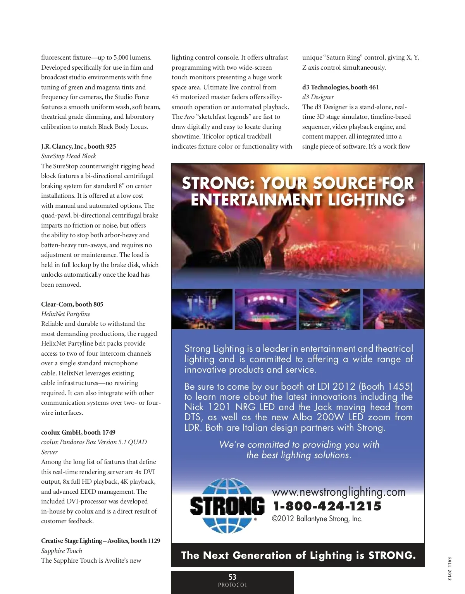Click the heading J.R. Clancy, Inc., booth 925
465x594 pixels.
(x=79, y=146)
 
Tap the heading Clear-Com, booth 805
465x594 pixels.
(x=72, y=304)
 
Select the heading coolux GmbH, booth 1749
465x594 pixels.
(x=78, y=432)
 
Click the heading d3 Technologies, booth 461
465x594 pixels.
(x=341, y=87)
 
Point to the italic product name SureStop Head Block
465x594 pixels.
(x=69, y=156)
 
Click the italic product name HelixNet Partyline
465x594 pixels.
(x=66, y=314)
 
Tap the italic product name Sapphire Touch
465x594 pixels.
(x=62, y=551)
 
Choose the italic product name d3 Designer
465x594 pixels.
(x=318, y=97)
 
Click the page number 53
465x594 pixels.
(x=232, y=577)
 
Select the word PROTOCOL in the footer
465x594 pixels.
(x=232, y=585)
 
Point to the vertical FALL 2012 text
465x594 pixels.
(x=449, y=569)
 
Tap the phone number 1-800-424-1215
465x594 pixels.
(x=327, y=506)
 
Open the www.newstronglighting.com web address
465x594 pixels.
(x=339, y=492)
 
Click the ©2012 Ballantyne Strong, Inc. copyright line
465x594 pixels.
(x=317, y=519)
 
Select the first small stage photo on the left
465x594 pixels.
(x=202, y=309)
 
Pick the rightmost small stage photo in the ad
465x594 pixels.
(x=393, y=309)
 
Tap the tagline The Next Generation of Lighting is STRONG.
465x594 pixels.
(x=298, y=555)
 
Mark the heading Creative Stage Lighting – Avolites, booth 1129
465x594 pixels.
(x=101, y=541)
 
